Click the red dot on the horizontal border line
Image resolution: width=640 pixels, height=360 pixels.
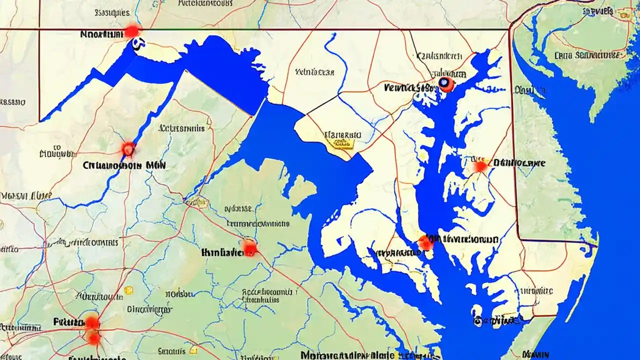131,31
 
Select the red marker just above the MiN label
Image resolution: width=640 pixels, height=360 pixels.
128,148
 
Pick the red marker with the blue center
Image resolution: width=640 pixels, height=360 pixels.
445,84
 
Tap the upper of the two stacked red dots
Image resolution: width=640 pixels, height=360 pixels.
92,322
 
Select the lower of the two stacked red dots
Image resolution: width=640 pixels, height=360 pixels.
93,338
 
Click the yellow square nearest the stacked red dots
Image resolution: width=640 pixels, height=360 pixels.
128,290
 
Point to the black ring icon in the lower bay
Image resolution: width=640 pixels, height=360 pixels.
477,321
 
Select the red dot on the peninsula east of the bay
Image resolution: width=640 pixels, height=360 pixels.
480,166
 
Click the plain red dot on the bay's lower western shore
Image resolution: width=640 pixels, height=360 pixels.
425,243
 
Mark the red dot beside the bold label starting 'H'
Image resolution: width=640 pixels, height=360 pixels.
249,247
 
